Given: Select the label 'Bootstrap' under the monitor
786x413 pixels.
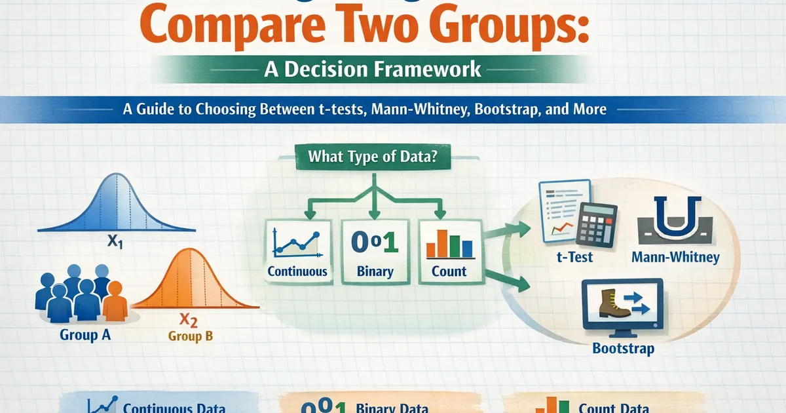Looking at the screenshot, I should coord(623,347).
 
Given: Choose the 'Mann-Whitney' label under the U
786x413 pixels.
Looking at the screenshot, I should coord(675,256).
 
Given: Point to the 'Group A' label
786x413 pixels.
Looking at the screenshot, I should coord(85,335).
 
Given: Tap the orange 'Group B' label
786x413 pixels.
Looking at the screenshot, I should coord(191,337).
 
